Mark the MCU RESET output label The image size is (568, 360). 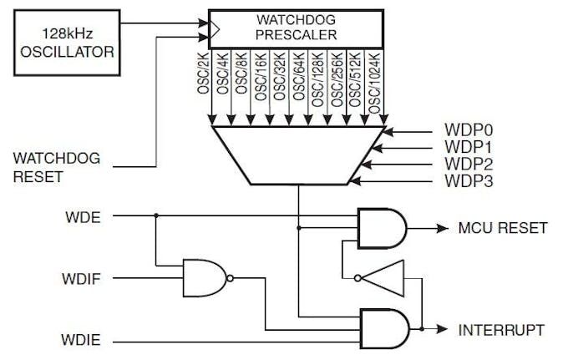[x=502, y=228]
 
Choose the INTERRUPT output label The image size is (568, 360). [x=501, y=329]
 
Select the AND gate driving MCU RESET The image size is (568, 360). [x=381, y=228]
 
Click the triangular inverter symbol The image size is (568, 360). [x=383, y=277]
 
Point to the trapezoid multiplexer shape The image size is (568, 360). [x=298, y=154]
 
